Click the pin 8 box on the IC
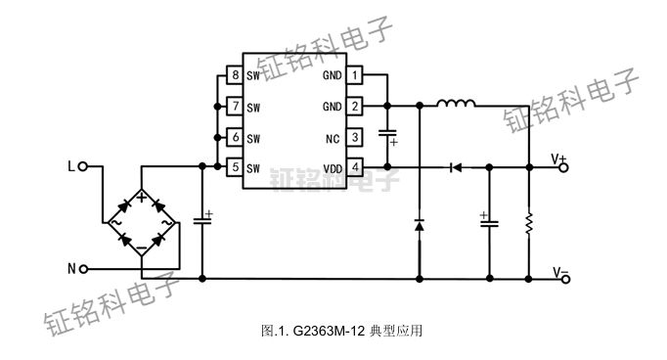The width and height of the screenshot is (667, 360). click(233, 75)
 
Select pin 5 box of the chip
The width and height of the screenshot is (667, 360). click(233, 167)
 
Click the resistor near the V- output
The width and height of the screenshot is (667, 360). click(528, 223)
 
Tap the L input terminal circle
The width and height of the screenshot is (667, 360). click(83, 167)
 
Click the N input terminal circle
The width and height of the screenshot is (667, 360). click(83, 267)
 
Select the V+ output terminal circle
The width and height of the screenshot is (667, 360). click(565, 167)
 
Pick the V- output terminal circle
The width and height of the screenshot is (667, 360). click(565, 279)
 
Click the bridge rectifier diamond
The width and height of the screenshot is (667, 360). click(144, 223)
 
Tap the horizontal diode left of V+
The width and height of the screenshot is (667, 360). click(454, 167)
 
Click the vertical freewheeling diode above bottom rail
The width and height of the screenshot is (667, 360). click(419, 226)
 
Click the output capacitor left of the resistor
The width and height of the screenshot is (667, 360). click(487, 222)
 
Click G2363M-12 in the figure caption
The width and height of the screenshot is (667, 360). click(325, 332)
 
